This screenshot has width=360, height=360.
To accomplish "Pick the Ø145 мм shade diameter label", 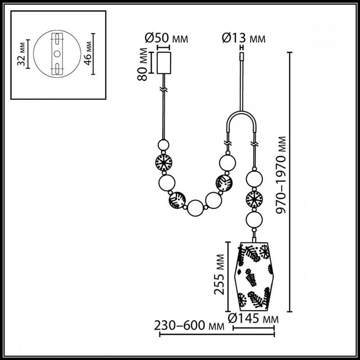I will pos(254,319).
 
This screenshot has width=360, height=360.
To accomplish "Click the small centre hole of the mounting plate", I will pos(57,54).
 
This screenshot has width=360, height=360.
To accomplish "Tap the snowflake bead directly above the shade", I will pos(254,199).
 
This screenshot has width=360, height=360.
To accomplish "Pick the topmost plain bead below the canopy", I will pos(164,145).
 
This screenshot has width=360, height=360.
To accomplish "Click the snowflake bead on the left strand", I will pos(163,163).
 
